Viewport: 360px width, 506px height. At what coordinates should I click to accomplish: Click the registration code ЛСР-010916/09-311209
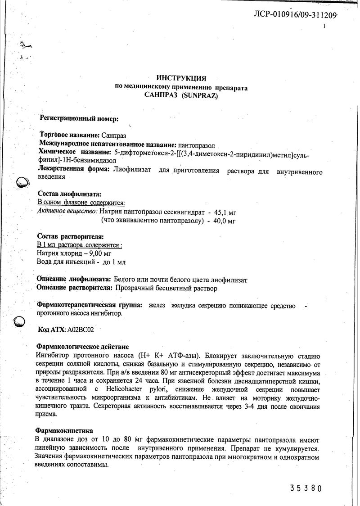(x=295, y=15)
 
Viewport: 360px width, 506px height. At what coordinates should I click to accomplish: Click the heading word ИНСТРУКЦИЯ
(x=181, y=78)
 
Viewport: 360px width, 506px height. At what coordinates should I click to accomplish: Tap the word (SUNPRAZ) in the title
(x=200, y=95)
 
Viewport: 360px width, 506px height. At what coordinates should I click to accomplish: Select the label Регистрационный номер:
(x=80, y=118)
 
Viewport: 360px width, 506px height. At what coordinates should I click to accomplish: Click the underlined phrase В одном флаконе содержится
(x=81, y=203)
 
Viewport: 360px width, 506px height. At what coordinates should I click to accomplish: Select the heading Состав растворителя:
(x=71, y=236)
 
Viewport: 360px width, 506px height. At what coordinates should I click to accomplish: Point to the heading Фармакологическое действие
(x=82, y=347)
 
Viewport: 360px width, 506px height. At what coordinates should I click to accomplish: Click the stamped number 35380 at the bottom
(x=306, y=488)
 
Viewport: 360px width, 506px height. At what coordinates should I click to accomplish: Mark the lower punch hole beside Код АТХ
(x=19, y=322)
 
